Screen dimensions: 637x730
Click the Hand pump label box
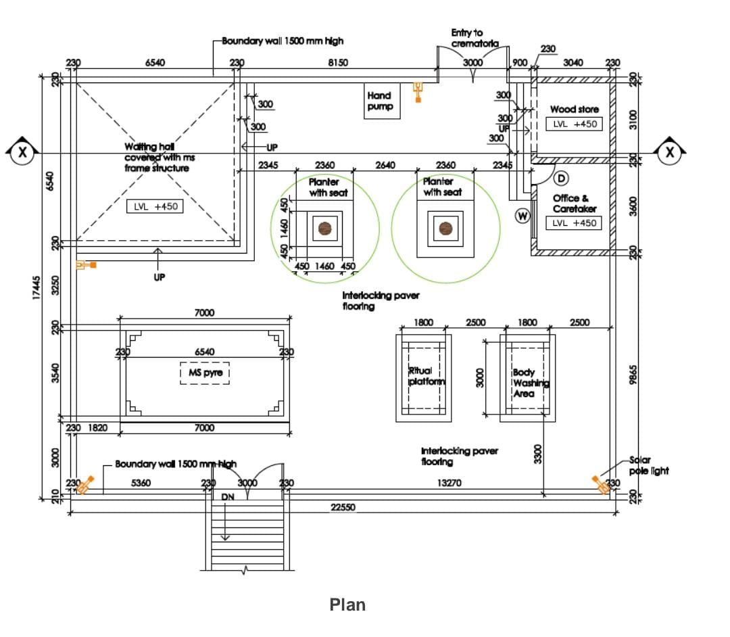pyautogui.click(x=380, y=101)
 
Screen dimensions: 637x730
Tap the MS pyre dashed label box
pyautogui.click(x=205, y=373)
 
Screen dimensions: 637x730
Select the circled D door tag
pyautogui.click(x=560, y=178)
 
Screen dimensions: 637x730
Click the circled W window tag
pyautogui.click(x=522, y=216)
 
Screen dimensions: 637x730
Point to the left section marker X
pyautogui.click(x=23, y=152)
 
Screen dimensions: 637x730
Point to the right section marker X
pyautogui.click(x=669, y=152)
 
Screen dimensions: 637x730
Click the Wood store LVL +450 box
pyautogui.click(x=574, y=124)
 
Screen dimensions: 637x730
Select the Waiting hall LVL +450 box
pyautogui.click(x=155, y=206)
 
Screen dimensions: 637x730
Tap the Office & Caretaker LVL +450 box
pyautogui.click(x=574, y=222)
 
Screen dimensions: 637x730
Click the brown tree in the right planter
pyautogui.click(x=445, y=228)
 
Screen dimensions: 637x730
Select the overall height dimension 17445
pyautogui.click(x=37, y=287)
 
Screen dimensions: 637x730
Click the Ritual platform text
pyautogui.click(x=427, y=376)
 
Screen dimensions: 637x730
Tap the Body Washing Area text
pyautogui.click(x=530, y=383)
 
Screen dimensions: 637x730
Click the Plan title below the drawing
pyautogui.click(x=347, y=605)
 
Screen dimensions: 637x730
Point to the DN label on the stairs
pyautogui.click(x=228, y=497)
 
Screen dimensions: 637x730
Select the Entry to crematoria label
pyautogui.click(x=474, y=38)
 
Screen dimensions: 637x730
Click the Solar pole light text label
pyautogui.click(x=648, y=465)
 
